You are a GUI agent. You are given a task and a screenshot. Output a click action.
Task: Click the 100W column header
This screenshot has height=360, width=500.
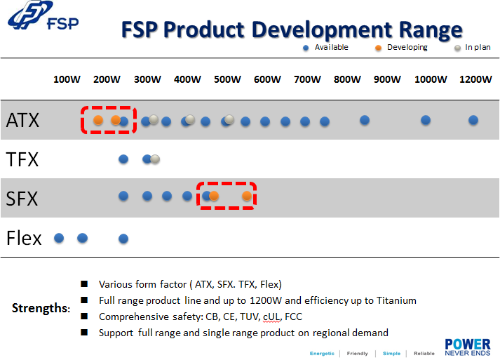[x=67, y=79]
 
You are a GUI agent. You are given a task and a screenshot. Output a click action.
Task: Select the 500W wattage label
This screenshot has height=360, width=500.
[x=227, y=79]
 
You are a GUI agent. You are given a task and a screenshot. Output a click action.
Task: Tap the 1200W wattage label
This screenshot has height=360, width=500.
[x=475, y=79]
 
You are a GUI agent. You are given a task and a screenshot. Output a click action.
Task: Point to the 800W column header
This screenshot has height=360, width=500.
[x=347, y=79]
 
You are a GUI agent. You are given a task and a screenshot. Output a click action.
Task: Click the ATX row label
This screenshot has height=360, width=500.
[x=22, y=120]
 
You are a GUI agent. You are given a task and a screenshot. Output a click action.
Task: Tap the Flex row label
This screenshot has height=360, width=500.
[x=24, y=238]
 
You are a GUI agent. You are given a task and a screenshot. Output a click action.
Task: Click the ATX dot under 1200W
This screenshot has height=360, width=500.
[x=473, y=120]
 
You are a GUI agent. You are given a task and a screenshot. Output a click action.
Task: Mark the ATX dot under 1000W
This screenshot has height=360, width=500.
[x=426, y=120]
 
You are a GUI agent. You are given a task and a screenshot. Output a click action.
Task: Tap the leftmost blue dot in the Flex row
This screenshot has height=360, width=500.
[x=59, y=238]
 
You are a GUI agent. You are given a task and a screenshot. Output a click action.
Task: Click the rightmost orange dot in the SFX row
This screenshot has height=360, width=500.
[x=247, y=196]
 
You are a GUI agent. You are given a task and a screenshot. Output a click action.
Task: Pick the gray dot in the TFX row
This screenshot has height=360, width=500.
[x=155, y=159]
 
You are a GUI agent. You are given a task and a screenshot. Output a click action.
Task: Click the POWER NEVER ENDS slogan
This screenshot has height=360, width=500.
[x=467, y=347]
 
